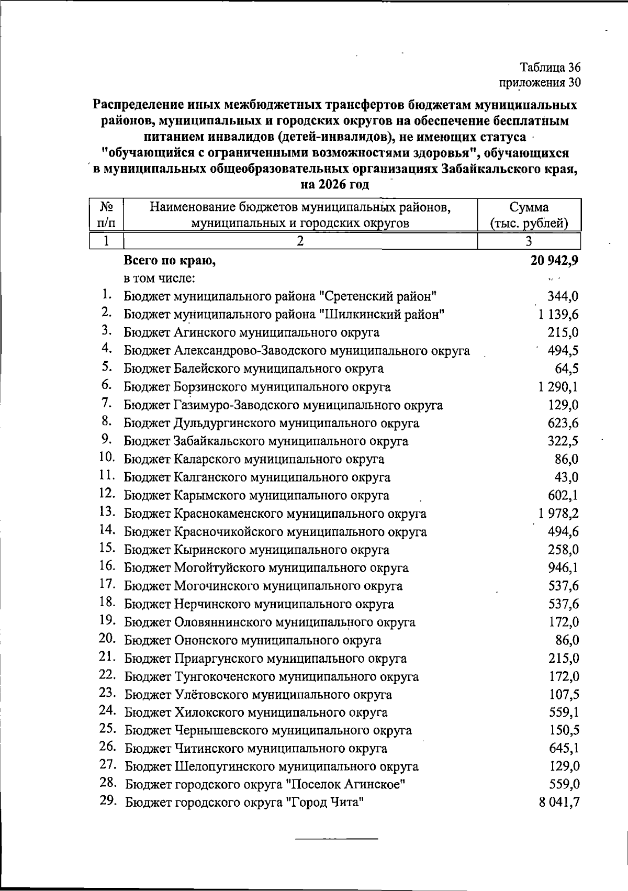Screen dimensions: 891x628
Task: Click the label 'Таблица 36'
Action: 549,68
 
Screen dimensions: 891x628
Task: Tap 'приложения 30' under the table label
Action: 540,83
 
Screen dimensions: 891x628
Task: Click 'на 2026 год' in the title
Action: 335,184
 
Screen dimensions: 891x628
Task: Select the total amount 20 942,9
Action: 554,260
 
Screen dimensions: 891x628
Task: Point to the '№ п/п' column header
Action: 107,215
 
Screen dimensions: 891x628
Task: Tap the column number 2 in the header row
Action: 300,241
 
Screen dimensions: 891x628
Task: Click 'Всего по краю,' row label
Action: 170,260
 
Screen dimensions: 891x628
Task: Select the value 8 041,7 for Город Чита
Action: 559,802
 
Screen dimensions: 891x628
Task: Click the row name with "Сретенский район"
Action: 280,296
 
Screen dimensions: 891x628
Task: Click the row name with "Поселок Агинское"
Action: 266,784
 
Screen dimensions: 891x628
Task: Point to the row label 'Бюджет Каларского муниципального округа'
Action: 254,460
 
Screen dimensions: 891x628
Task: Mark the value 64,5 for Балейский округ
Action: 566,369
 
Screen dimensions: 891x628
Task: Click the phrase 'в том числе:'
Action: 159,279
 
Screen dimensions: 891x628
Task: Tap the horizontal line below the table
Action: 337,839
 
